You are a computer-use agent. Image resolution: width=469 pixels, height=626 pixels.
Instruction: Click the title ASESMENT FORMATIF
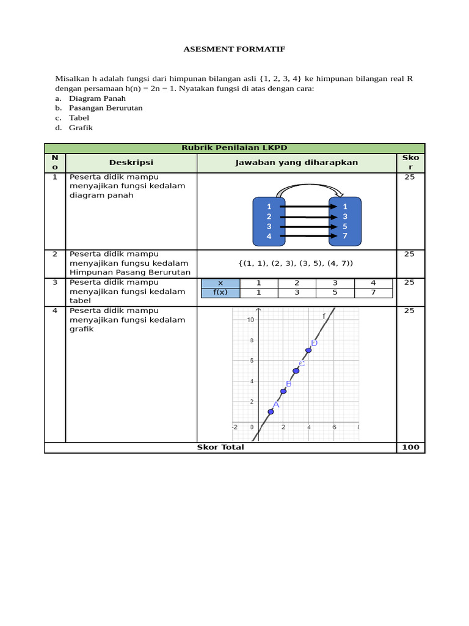point(234,49)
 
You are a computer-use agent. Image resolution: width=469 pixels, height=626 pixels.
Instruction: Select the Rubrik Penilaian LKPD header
point(234,148)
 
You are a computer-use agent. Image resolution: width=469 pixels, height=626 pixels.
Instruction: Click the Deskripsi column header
point(131,163)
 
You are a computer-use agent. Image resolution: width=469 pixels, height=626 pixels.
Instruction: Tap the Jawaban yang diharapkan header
point(297,163)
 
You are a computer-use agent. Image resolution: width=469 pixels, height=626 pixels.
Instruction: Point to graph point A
point(271,411)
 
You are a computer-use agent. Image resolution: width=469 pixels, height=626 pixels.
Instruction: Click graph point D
point(308,350)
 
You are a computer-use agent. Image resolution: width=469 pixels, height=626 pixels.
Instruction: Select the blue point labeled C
point(296,370)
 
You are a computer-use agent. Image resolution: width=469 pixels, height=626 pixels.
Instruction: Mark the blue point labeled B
point(283,391)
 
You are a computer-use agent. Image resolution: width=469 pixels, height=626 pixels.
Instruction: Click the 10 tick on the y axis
point(250,320)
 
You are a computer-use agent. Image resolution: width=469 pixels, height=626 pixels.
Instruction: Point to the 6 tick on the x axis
point(334,427)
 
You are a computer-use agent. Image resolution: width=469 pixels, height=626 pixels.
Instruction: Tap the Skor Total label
point(220,447)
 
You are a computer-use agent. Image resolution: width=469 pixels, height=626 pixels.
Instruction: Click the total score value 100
point(410,447)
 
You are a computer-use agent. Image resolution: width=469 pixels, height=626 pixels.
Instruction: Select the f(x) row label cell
point(220,293)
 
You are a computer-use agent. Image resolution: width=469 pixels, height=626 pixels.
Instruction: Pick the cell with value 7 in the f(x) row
point(373,293)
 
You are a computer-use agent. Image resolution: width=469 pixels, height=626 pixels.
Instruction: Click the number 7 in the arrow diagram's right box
point(345,236)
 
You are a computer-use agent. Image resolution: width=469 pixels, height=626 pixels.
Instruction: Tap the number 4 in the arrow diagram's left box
point(269,237)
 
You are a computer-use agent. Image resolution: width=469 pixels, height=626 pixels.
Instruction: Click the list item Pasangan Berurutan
point(106,108)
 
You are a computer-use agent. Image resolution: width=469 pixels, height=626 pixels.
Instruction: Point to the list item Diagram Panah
point(98,98)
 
